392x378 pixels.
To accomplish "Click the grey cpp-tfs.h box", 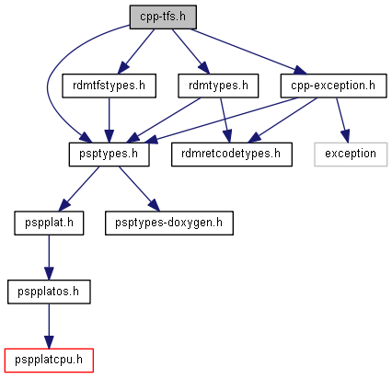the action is pos(163,17).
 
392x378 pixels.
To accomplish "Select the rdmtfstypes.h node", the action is pos(109,86).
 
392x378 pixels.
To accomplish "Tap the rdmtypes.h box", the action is pos(218,86).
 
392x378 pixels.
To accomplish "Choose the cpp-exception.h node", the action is pos(333,86).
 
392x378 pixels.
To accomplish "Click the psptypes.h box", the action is pos(109,155).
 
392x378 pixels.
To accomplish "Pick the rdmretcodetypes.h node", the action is pos(232,155).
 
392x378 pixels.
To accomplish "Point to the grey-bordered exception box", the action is pos(351,155).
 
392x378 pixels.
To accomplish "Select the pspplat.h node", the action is pos(49,223).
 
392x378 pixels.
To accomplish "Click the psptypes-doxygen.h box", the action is pos(169,223).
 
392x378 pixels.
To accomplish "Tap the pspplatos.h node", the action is pos(49,292).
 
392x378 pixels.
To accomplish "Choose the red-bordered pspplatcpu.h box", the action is pos(49,361).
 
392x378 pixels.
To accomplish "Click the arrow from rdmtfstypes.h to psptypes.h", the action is pos(109,120).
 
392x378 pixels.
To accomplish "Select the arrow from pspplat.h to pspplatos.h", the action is pos(49,258).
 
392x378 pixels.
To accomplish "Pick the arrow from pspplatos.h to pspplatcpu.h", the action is pos(49,326).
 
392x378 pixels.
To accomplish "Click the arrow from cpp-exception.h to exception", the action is pos(342,120).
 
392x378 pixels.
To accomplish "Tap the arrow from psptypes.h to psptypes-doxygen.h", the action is pos(139,189).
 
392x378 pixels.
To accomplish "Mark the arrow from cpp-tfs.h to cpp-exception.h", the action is pos(248,52).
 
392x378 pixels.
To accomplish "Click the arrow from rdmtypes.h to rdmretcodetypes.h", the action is pos(225,120).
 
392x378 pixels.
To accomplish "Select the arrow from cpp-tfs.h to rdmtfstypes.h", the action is pos(136,52).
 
